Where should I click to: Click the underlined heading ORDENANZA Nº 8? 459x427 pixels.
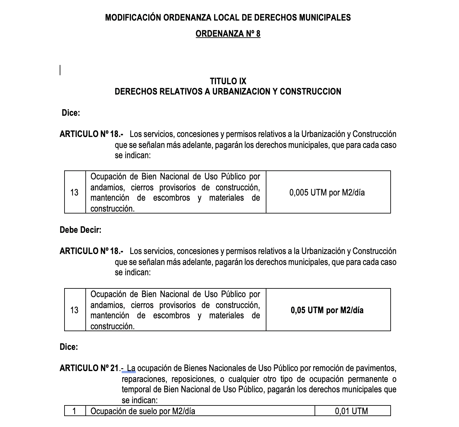pos(228,34)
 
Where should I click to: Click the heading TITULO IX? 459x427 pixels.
pos(228,81)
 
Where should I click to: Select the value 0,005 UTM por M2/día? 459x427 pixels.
pos(327,193)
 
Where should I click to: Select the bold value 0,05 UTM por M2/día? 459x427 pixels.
pos(327,310)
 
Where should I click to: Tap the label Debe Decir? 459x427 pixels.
pos(81,230)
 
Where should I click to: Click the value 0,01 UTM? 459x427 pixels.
pos(351,411)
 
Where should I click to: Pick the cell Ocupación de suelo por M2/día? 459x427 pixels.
pos(143,411)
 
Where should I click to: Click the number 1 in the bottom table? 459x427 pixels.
pos(74,411)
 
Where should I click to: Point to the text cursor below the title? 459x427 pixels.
pos(60,70)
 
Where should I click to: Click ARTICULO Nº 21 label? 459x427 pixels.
pos(89,368)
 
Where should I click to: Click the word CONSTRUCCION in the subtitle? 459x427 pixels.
pos(310,92)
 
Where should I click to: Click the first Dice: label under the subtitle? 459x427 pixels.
pos(71,113)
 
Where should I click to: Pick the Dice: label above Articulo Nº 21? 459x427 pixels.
pos(69,347)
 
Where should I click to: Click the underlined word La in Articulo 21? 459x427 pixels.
pos(131,368)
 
